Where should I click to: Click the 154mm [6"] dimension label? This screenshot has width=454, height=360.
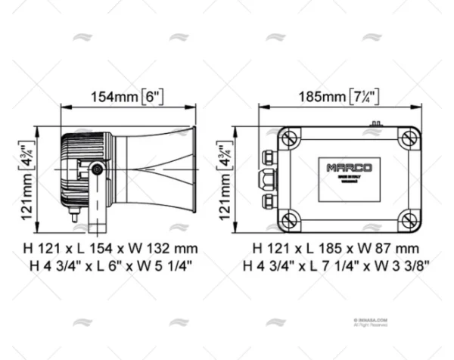[x=127, y=96]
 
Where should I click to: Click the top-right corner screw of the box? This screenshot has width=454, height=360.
[x=407, y=139]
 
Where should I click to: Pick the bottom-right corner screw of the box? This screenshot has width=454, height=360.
[x=407, y=220]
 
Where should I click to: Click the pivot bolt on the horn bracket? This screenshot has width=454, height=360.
[x=98, y=171]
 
